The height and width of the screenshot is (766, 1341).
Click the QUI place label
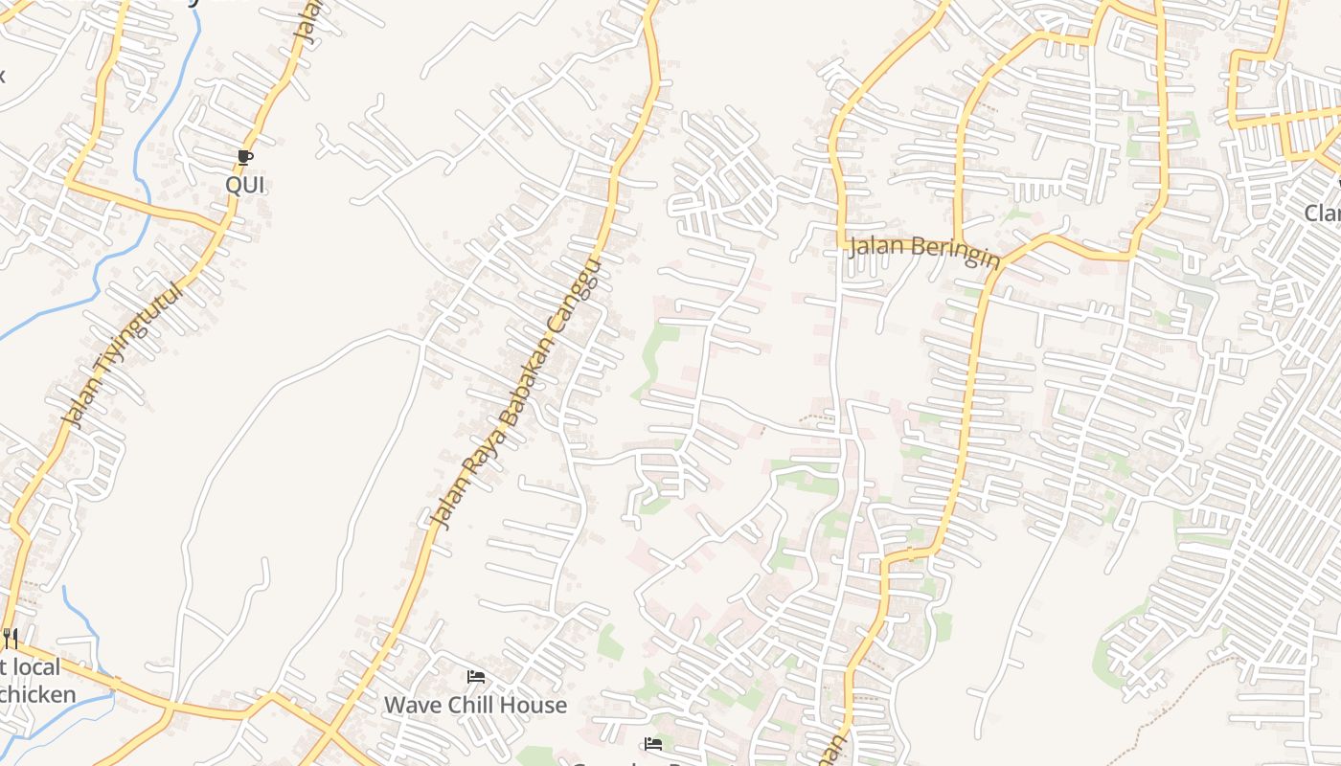244,185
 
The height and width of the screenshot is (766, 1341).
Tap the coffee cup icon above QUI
244,157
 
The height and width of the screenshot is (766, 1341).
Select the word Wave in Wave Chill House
412,706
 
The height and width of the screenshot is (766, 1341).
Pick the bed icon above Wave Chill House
475,677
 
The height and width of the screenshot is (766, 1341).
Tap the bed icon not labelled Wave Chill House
653,743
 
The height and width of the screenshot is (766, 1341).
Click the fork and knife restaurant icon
11,637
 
